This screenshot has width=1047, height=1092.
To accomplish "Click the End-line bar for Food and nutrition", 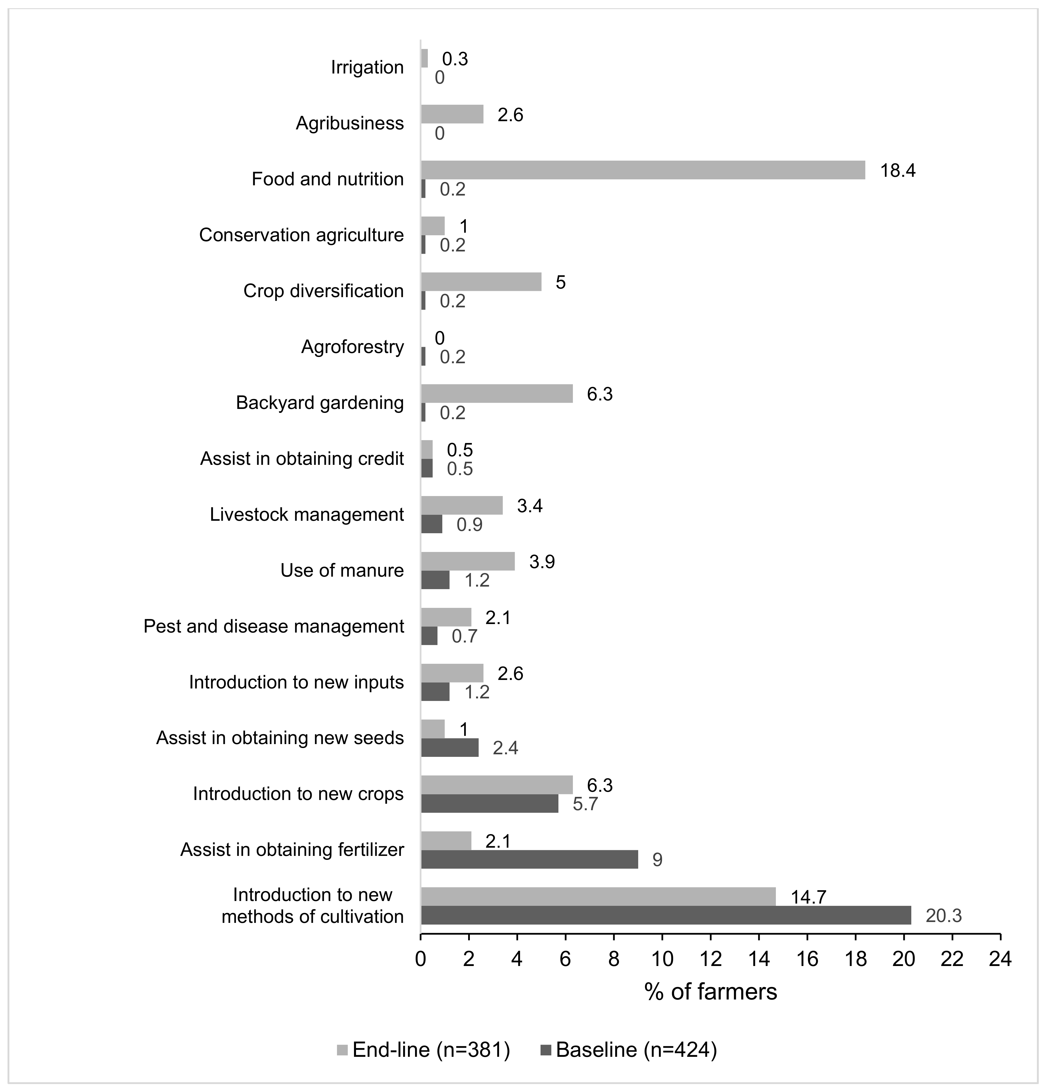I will click(642, 170).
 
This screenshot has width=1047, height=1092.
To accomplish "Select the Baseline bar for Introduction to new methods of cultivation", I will click(666, 915).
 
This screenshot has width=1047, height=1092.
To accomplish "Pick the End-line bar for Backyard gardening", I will click(497, 393).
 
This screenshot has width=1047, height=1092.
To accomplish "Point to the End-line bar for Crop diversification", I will click(481, 282).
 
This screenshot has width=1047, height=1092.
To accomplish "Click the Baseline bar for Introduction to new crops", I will click(489, 803).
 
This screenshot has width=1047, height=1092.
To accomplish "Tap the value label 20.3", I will click(944, 916).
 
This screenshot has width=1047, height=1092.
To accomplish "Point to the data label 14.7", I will click(808, 897).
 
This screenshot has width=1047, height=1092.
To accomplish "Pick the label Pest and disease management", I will click(274, 626).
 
